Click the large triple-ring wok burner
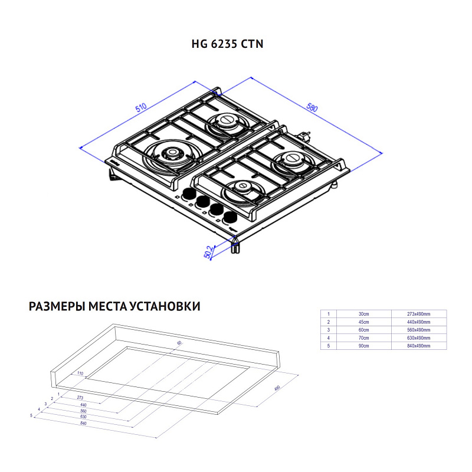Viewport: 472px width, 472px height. [172, 154]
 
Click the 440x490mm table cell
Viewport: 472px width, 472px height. [419, 322]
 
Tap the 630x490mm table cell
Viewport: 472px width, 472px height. [419, 337]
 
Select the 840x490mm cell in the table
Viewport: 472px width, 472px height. [419, 346]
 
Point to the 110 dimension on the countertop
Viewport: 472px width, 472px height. [80, 374]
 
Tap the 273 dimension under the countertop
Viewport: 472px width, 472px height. [80, 398]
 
